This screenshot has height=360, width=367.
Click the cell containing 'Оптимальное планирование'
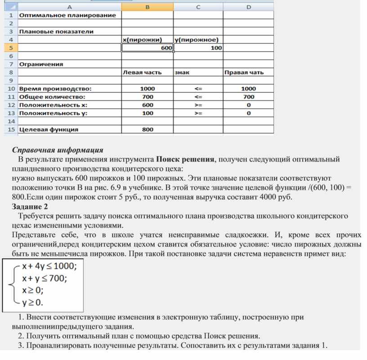[67, 15]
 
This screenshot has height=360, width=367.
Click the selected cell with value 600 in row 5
[147, 48]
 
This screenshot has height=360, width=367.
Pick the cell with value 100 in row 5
[198, 48]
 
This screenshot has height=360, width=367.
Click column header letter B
[147, 6]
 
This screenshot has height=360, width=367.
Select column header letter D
[248, 6]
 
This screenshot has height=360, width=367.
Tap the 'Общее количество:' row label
[52, 97]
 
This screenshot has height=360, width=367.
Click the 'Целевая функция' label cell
[49, 130]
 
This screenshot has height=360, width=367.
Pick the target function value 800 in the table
[147, 130]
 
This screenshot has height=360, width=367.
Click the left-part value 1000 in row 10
[147, 89]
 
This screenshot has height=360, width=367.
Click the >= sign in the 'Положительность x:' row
[198, 105]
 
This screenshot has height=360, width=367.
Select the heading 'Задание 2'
[30, 207]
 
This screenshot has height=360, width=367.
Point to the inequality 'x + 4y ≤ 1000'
[49, 266]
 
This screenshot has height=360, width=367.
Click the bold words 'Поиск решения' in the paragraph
[185, 159]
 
